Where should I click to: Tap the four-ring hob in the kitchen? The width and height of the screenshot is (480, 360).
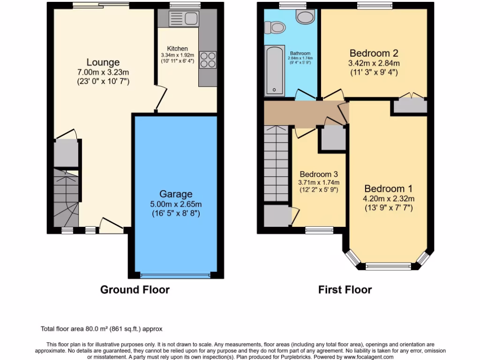pyautogui.click(x=208, y=60)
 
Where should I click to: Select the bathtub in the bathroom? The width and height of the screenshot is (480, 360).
pyautogui.click(x=274, y=71)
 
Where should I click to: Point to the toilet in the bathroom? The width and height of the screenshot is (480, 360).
pyautogui.click(x=275, y=28)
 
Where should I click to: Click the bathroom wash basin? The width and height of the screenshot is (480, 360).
pyautogui.click(x=306, y=17)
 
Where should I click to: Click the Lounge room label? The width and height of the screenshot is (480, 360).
pyautogui.click(x=103, y=62)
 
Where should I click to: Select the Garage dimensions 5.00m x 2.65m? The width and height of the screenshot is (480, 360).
pyautogui.click(x=175, y=204)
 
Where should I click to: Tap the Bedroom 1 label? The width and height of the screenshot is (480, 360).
pyautogui.click(x=389, y=188)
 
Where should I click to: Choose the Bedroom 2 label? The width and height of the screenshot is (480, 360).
pyautogui.click(x=374, y=53)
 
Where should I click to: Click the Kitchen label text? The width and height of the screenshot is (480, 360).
pyautogui.click(x=177, y=49)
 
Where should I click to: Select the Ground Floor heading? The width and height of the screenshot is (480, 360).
pyautogui.click(x=135, y=290)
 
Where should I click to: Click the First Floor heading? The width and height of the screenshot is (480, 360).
pyautogui.click(x=345, y=290)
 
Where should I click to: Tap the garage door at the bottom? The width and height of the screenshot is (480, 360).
pyautogui.click(x=176, y=275)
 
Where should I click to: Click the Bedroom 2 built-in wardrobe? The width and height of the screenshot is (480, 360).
pyautogui.click(x=410, y=106)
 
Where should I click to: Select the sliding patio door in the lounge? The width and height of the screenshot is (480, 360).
pyautogui.click(x=101, y=6)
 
